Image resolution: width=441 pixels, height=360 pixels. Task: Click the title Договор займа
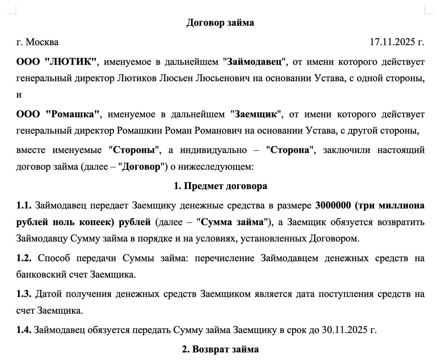click(x=220, y=23)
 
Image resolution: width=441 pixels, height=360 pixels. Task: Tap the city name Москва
click(x=42, y=42)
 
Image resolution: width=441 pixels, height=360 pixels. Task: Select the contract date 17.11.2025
click(x=392, y=42)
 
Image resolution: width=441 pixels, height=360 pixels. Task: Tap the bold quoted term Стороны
click(x=134, y=150)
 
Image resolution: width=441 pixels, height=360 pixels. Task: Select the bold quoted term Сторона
click(x=290, y=150)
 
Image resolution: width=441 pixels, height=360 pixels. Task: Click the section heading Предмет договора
click(x=225, y=186)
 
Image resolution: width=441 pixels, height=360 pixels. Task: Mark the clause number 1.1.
click(x=24, y=206)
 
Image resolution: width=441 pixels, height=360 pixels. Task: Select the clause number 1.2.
click(x=24, y=258)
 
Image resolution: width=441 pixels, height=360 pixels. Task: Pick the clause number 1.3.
click(x=24, y=294)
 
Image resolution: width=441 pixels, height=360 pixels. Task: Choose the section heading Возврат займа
click(x=225, y=349)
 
